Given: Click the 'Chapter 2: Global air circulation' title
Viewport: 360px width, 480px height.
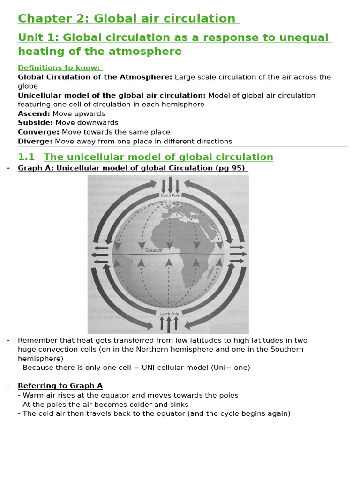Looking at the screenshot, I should [x=127, y=19].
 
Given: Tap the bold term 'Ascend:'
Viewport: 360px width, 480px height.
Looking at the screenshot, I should [x=34, y=114].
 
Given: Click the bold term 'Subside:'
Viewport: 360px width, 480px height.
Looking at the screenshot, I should [x=35, y=123].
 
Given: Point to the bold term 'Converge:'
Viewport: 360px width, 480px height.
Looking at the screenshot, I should [x=38, y=132].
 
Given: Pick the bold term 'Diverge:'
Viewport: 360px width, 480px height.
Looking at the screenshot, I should [x=35, y=142].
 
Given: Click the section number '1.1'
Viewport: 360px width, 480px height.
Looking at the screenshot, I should [x=26, y=157].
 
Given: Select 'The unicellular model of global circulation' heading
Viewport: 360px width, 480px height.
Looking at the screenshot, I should [x=158, y=157].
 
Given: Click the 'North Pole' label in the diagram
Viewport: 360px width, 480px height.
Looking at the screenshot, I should [x=170, y=195].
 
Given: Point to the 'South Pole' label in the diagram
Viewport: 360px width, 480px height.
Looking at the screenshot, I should [x=169, y=314].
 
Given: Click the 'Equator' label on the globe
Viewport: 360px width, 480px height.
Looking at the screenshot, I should [x=154, y=250].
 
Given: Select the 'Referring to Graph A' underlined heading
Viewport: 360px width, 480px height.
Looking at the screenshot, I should [x=60, y=386].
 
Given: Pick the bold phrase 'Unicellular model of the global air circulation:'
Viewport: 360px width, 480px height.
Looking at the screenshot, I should [x=112, y=96].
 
